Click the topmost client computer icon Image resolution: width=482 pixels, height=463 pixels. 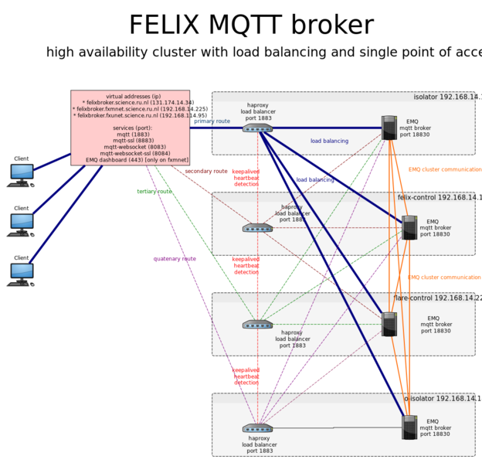click(21, 175)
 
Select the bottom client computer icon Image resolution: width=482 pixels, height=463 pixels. click(21, 274)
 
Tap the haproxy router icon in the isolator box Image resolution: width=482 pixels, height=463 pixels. click(257, 128)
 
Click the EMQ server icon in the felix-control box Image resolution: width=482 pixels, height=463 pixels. click(409, 227)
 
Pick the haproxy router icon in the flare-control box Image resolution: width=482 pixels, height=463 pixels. click(257, 324)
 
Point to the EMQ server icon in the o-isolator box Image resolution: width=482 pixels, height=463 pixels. click(409, 427)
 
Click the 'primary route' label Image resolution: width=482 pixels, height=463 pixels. click(212, 121)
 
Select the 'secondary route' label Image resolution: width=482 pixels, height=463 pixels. click(206, 171)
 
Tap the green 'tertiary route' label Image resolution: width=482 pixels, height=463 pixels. click(154, 192)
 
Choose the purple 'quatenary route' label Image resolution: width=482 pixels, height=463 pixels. click(175, 259)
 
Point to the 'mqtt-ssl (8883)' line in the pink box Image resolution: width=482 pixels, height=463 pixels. click(131, 141)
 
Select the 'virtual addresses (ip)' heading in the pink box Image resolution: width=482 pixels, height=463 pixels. click(131, 97)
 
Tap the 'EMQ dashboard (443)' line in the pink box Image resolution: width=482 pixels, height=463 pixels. click(137, 160)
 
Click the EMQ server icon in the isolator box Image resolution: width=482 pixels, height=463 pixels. click(389, 128)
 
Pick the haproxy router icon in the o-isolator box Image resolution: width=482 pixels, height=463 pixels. click(257, 427)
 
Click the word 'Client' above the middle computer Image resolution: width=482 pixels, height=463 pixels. click(21, 209)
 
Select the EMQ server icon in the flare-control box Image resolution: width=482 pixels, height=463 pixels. click(389, 324)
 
